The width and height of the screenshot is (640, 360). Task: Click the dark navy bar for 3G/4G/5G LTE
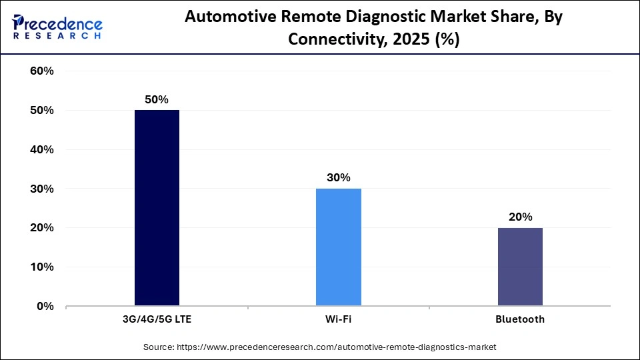tap(157, 208)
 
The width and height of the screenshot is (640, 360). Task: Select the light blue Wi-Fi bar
tap(338, 247)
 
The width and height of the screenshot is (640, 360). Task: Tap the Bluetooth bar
tap(519, 267)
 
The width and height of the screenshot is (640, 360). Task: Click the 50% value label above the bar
tap(157, 99)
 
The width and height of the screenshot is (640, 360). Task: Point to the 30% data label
tap(338, 178)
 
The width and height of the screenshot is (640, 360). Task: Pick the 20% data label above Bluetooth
tap(519, 217)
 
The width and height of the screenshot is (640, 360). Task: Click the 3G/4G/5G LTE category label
tap(157, 319)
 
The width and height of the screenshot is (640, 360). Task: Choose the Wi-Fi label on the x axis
tap(338, 319)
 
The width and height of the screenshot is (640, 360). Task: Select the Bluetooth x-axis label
tap(519, 319)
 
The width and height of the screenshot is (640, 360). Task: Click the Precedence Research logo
tap(57, 27)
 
